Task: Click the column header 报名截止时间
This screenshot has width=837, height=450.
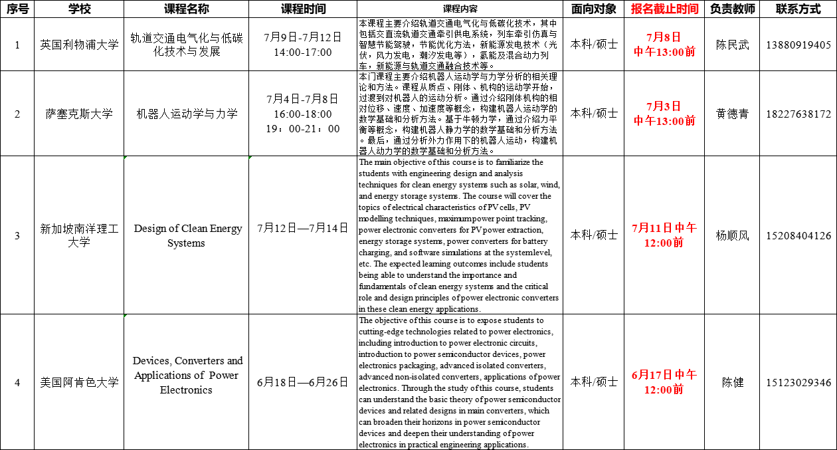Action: [664, 9]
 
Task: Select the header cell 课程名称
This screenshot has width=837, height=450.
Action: [186, 9]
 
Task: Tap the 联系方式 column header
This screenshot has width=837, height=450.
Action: [798, 9]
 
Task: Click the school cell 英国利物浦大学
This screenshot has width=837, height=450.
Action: [79, 45]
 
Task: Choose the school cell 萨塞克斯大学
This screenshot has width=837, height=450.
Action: [79, 114]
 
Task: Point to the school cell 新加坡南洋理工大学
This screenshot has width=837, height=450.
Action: [79, 235]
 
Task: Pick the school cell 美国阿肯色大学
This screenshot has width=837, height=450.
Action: [79, 382]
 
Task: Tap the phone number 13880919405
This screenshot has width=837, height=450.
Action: [798, 45]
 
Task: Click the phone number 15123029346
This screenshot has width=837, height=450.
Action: [798, 383]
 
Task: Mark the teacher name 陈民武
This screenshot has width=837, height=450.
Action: [732, 45]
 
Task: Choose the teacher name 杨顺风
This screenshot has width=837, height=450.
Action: [732, 236]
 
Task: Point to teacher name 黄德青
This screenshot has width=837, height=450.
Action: [732, 114]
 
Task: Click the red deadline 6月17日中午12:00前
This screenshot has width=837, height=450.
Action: [664, 382]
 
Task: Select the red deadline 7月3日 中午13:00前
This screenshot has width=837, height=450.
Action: [664, 113]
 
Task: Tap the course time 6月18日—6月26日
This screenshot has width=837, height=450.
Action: [302, 382]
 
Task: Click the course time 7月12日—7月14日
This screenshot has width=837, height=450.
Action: [302, 229]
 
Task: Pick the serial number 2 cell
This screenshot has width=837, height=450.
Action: [17, 114]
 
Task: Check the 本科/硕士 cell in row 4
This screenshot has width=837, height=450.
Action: [594, 382]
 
